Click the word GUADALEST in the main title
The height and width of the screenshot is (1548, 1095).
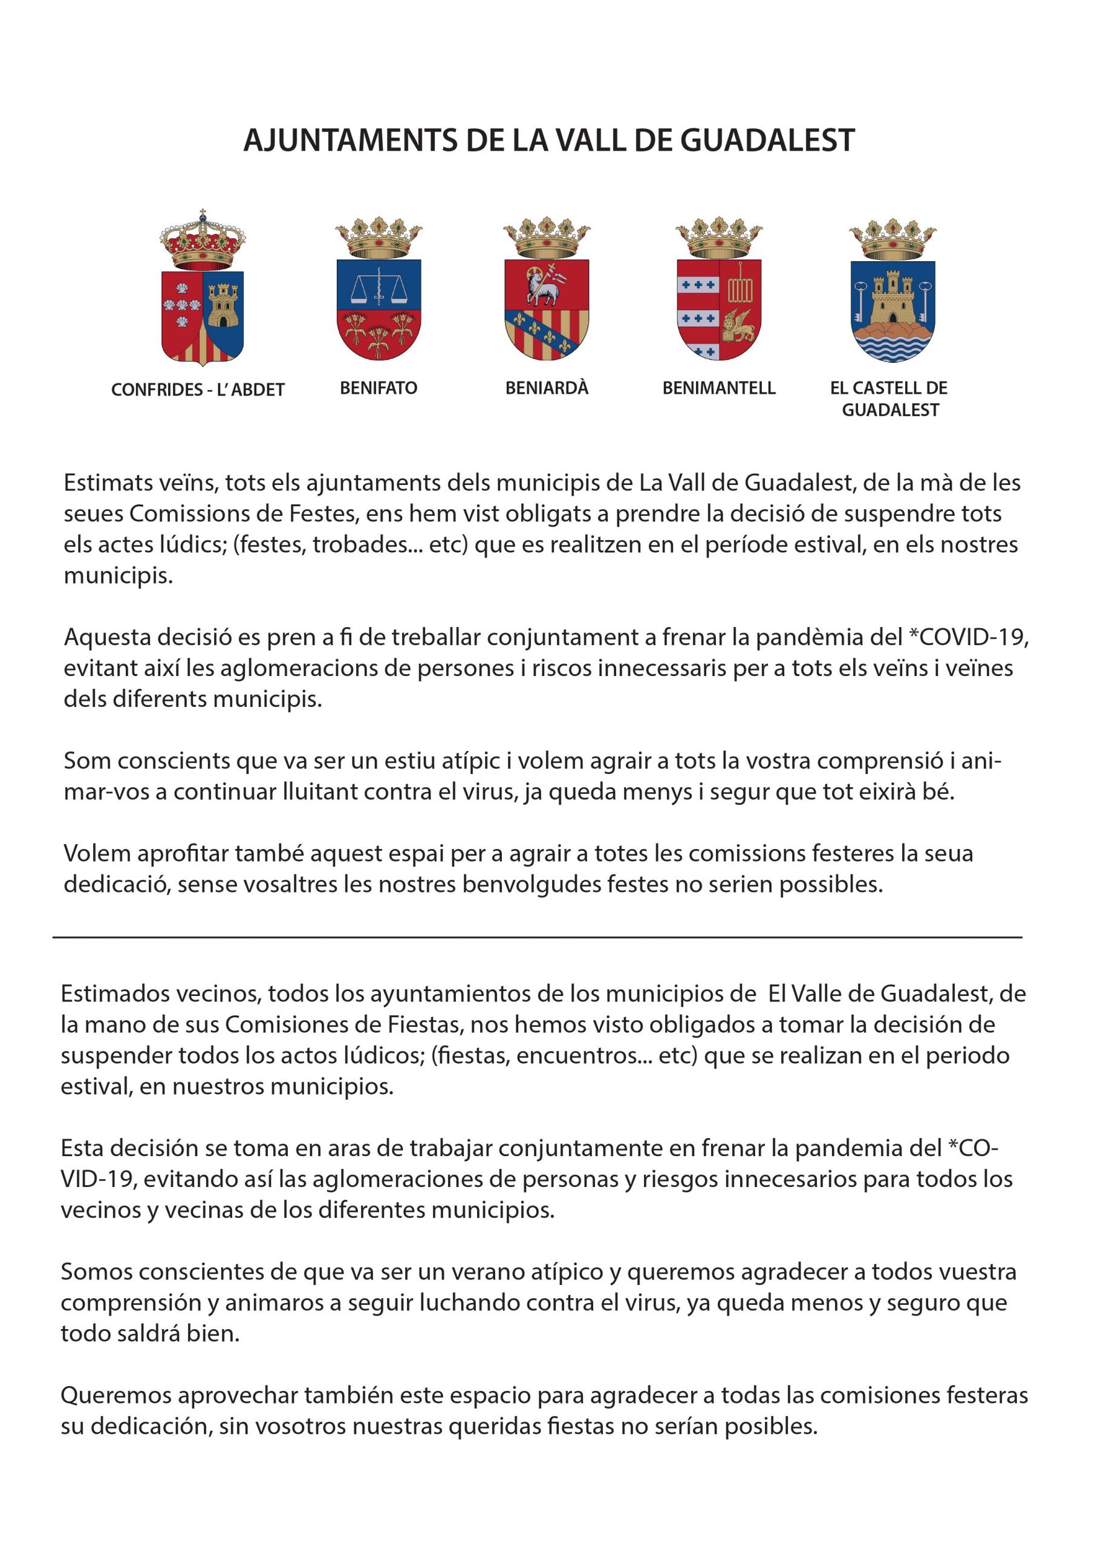point(767,140)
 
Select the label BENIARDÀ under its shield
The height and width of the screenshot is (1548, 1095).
point(547,388)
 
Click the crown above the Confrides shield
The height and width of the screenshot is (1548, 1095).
point(203,241)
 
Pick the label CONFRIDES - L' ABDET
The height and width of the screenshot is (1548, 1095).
point(198,389)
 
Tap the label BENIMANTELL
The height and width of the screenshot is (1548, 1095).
point(719,388)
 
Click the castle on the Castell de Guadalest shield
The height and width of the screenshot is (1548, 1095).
point(891,299)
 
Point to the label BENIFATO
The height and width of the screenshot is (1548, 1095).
point(379,388)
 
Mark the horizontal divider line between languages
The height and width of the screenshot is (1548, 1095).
point(537,937)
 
